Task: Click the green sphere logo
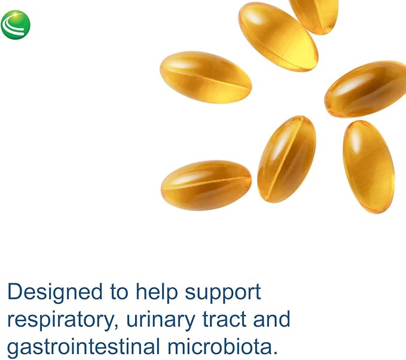16,25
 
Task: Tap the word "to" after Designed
119,292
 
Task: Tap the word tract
224,319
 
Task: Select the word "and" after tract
271,319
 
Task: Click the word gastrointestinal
84,347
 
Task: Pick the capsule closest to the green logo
206,77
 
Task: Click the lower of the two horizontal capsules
206,185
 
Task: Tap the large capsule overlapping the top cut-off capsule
279,36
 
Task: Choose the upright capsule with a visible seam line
286,159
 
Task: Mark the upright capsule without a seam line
369,167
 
